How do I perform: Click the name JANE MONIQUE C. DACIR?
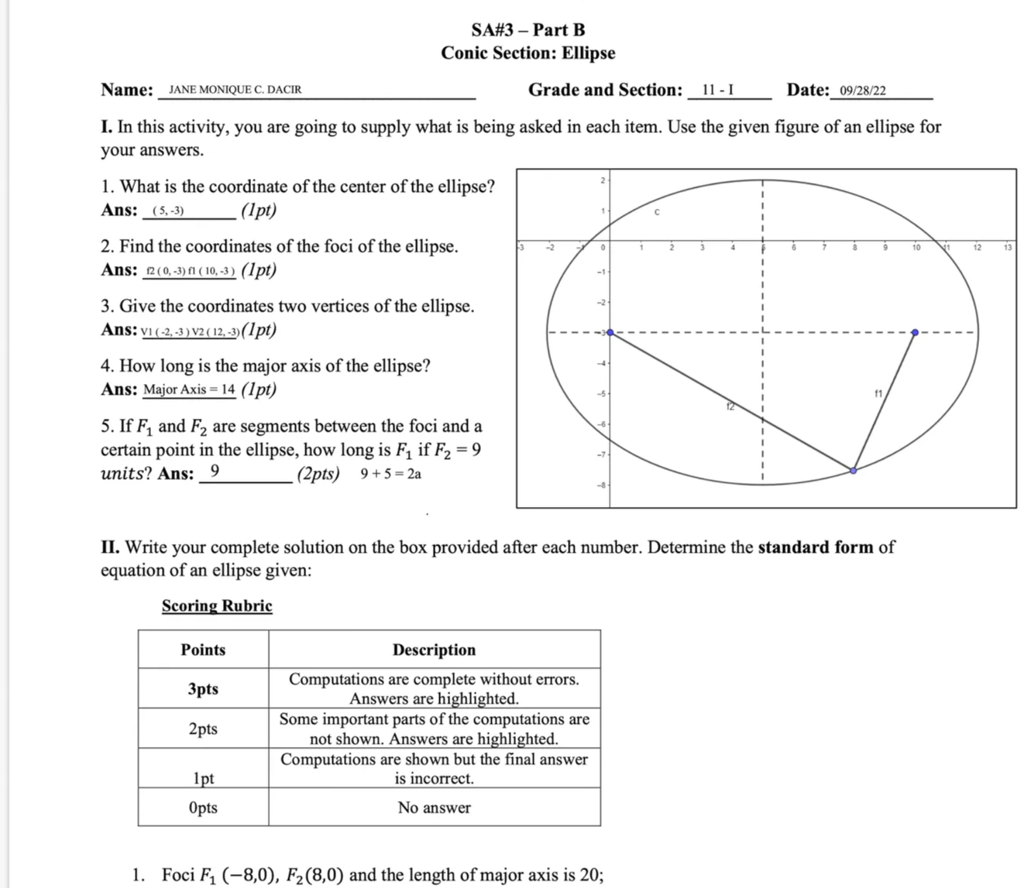click(x=235, y=90)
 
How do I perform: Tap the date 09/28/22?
click(x=863, y=91)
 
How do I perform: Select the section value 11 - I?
click(x=718, y=90)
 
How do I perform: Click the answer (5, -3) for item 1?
click(x=168, y=211)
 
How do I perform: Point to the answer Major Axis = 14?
click(x=189, y=389)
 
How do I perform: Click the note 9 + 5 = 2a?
click(x=391, y=474)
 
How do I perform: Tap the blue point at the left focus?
click(x=610, y=333)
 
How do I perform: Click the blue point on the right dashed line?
click(x=915, y=333)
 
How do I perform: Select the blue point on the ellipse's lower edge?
click(x=854, y=471)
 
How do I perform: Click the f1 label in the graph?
click(x=878, y=393)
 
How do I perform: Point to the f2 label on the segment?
click(x=730, y=406)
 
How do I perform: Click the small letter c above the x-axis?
click(x=657, y=211)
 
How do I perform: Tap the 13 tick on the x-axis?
click(x=1007, y=248)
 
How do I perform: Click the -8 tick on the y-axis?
click(x=600, y=485)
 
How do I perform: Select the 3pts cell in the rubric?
click(x=203, y=688)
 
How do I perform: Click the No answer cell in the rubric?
click(x=434, y=807)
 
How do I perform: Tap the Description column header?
click(x=434, y=650)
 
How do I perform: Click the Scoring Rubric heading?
click(x=217, y=605)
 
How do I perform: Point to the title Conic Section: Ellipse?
click(x=528, y=53)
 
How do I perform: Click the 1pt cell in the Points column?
click(x=203, y=778)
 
